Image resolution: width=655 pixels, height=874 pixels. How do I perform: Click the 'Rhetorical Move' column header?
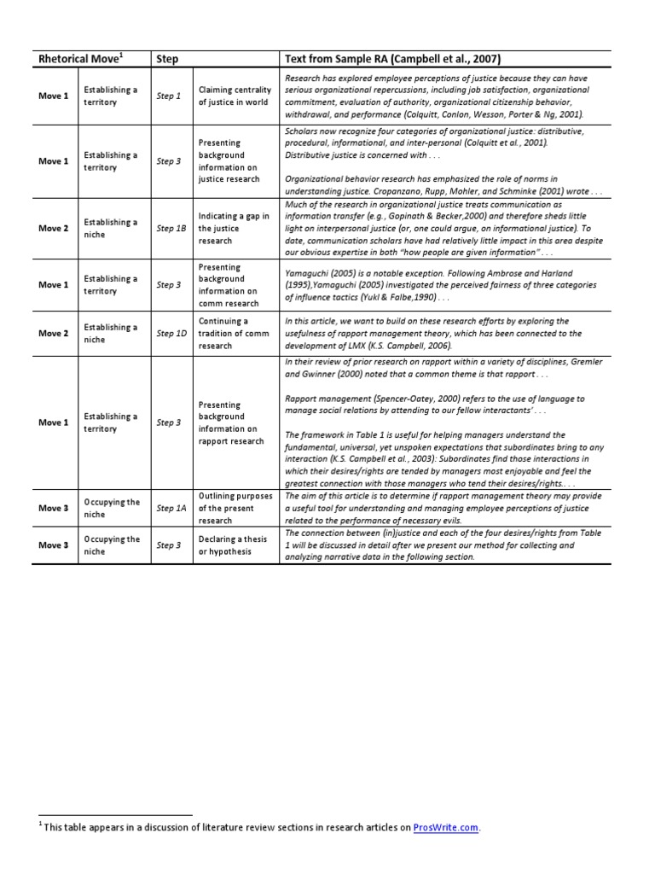79,59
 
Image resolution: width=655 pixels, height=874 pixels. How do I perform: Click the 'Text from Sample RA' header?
391,59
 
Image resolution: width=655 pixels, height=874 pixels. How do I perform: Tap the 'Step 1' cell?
168,96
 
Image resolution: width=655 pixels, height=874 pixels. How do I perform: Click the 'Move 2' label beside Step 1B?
53,229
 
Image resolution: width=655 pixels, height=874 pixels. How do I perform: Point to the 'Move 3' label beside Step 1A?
53,509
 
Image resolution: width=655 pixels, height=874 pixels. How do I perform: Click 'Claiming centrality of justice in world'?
234,96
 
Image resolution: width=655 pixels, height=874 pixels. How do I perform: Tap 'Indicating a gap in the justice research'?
234,229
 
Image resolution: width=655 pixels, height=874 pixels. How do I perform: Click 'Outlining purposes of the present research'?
235,508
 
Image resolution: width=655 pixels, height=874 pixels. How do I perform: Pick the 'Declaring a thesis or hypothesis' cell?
235,545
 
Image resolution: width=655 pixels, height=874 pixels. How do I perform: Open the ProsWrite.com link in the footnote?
446,827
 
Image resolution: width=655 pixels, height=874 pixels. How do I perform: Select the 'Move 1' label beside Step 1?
53,96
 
